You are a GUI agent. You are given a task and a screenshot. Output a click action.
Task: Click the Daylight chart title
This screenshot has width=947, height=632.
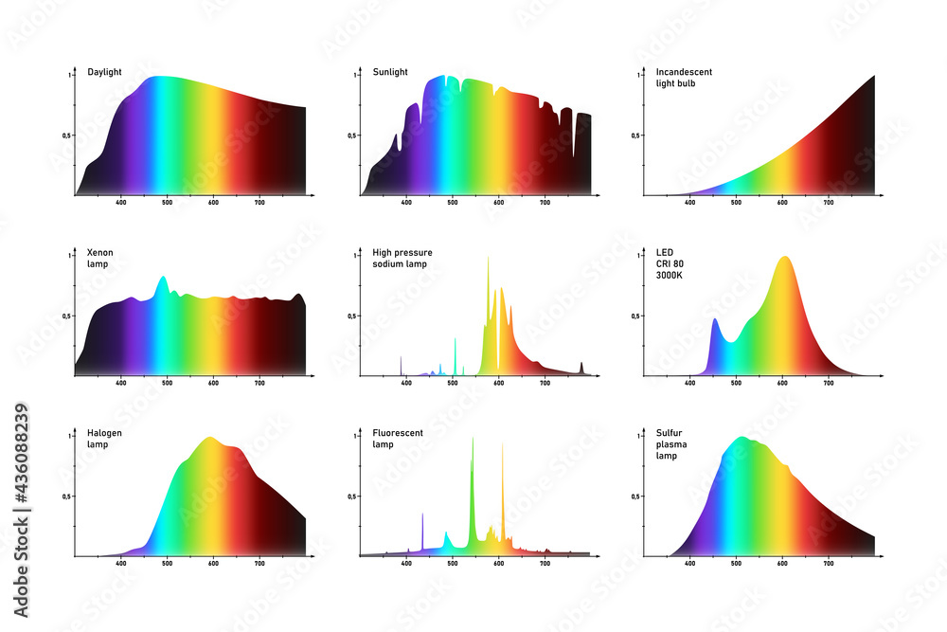103,72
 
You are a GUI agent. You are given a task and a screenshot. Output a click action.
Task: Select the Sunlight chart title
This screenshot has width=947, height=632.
390,72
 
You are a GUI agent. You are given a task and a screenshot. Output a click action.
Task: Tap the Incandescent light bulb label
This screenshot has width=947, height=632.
684,78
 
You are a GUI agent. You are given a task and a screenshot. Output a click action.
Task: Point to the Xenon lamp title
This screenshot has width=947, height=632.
99,258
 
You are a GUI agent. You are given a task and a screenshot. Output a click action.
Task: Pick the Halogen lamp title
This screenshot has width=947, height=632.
104,439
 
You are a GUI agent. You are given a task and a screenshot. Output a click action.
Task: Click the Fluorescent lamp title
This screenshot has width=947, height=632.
398,439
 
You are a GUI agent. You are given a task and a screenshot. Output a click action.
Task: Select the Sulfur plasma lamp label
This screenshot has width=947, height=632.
670,444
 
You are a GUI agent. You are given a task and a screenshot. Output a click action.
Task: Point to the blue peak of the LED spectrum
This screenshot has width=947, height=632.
715,322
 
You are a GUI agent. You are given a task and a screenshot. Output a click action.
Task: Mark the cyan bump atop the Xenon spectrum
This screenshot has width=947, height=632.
163,280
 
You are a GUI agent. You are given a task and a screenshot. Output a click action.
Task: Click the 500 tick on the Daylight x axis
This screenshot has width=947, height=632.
167,202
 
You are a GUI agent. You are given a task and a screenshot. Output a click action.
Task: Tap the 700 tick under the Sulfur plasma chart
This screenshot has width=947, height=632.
829,563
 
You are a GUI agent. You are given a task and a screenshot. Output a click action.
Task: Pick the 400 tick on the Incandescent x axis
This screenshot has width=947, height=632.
689,202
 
